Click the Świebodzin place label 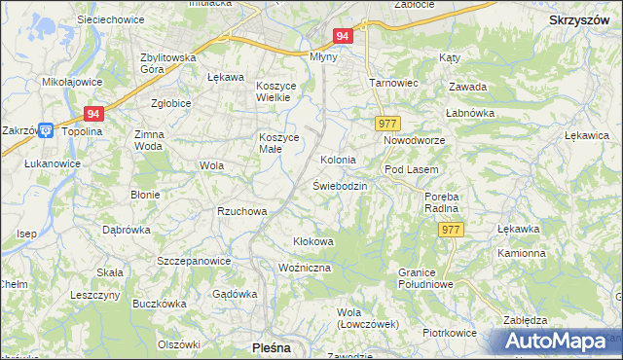click(340, 186)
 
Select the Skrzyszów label click(578, 19)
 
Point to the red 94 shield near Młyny click(342, 36)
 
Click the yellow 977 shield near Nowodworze click(387, 124)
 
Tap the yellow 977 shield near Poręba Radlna click(451, 229)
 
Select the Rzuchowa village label click(241, 211)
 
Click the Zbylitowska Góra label click(168, 63)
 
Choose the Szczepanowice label click(194, 261)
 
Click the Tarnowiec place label click(393, 83)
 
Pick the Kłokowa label click(313, 241)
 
